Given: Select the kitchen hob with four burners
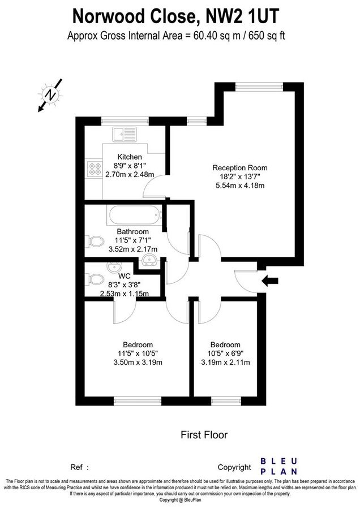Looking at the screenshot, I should pos(94,169).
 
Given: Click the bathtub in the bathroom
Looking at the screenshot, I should pos(135,215).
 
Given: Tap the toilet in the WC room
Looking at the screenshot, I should pos(94,278).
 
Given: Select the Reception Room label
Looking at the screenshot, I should pos(239,167).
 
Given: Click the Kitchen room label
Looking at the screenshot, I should pos(130,157).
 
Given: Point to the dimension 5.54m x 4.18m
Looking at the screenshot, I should pos(240,185).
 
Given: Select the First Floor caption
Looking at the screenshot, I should pos(204,435).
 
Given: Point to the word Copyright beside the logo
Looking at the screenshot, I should pos(234,467).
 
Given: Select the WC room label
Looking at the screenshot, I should pos(125,276).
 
